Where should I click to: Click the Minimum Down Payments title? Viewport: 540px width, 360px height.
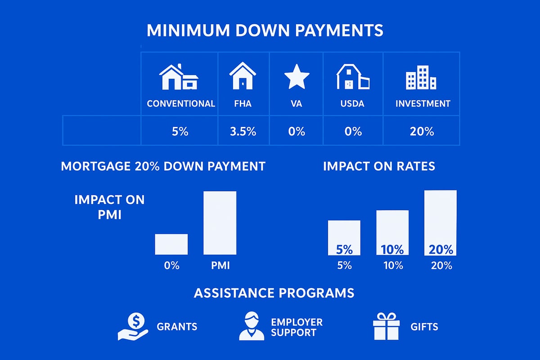click(265, 31)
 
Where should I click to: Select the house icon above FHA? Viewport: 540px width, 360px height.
click(243, 76)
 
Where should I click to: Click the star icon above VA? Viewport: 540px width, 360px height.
click(297, 77)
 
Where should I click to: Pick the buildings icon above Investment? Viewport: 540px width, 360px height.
click(421, 77)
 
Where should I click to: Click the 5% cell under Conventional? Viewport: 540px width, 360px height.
click(180, 131)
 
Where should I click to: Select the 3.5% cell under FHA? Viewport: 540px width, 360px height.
click(243, 131)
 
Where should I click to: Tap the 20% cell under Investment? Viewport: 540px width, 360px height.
click(422, 131)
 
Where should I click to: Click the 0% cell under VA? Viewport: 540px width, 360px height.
click(296, 131)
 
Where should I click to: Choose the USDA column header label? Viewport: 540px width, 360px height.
click(352, 103)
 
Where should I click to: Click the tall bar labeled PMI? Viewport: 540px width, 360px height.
click(220, 223)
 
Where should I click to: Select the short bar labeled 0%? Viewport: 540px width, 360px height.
click(171, 244)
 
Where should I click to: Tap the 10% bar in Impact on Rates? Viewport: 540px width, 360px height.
click(392, 233)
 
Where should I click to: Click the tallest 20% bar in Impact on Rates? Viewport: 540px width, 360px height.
click(440, 223)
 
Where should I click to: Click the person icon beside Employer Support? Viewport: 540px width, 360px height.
click(252, 326)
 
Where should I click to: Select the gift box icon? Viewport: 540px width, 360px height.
click(386, 326)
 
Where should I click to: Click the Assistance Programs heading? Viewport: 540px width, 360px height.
click(274, 293)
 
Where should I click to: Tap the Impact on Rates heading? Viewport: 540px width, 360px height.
click(379, 166)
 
